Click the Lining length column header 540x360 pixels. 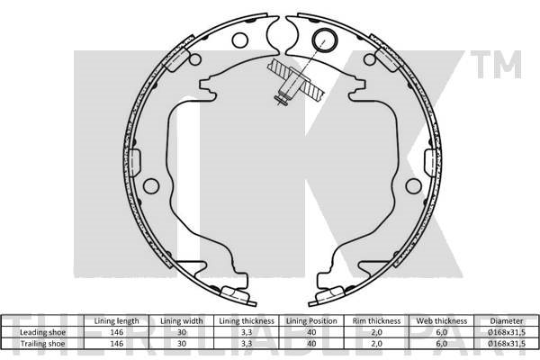(x=116, y=321)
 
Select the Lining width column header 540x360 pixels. (x=182, y=321)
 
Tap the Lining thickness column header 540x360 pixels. (x=247, y=321)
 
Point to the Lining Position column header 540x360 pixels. (x=311, y=321)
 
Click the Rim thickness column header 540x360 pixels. (x=376, y=321)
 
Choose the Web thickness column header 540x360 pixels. (x=442, y=321)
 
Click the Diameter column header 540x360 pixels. (x=507, y=321)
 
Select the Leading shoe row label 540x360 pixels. (x=42, y=332)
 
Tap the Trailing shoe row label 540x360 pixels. (x=42, y=344)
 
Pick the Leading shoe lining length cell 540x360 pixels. (x=116, y=332)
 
